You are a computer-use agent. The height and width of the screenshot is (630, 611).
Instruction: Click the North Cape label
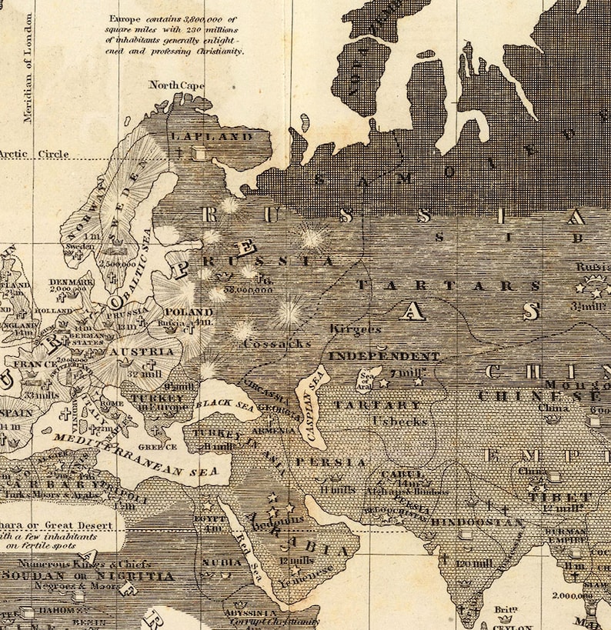click(x=176, y=85)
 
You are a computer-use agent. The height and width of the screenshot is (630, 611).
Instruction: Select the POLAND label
click(x=189, y=312)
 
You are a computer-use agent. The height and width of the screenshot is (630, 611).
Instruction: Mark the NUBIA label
click(x=222, y=562)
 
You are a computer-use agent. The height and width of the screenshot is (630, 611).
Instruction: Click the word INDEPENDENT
click(x=384, y=357)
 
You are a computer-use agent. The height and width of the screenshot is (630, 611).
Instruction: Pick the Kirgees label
click(x=356, y=328)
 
